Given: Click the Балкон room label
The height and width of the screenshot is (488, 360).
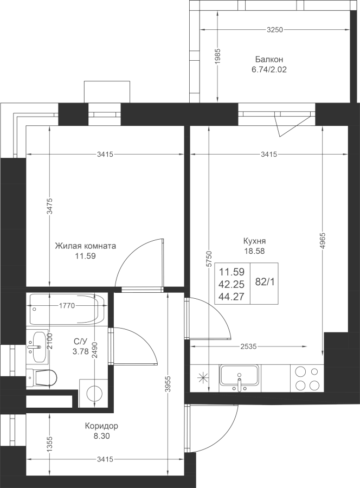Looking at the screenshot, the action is click(x=269, y=59).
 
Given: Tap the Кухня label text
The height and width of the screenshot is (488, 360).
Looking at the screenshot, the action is click(x=254, y=241).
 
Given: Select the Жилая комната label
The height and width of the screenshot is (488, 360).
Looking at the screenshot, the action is click(x=85, y=246).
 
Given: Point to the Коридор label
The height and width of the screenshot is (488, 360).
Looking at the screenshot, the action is click(x=101, y=426).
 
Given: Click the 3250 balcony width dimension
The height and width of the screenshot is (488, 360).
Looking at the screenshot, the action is click(x=275, y=30).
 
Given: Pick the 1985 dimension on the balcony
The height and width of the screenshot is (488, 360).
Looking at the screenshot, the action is click(x=217, y=56).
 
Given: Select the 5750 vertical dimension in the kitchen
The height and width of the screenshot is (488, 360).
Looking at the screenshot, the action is click(x=209, y=258).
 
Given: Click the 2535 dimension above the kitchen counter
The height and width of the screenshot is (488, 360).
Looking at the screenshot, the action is click(x=248, y=346).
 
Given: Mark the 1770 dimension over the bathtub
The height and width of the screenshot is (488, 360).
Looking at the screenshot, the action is click(x=67, y=306).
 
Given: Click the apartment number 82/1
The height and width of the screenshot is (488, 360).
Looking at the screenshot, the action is click(x=265, y=282).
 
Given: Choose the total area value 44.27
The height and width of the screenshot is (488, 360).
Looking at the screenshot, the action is click(x=232, y=297).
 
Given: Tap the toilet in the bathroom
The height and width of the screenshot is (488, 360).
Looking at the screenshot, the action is click(x=41, y=378).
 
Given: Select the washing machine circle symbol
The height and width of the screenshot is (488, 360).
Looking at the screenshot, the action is click(x=94, y=393).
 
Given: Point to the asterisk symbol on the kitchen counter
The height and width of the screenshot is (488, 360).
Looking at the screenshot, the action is click(x=203, y=378).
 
